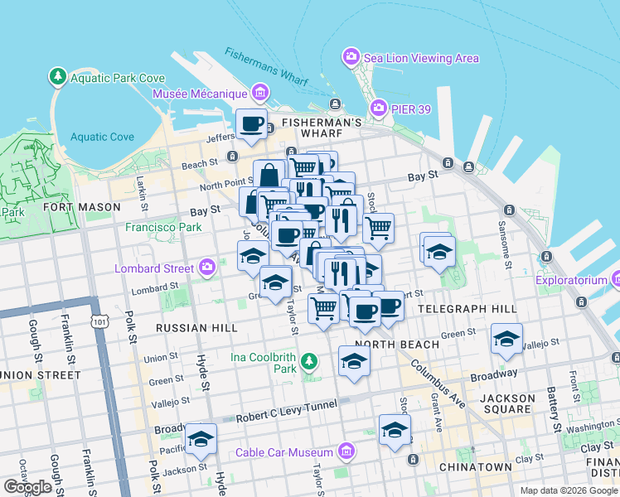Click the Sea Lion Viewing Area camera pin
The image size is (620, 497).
[x=351, y=58]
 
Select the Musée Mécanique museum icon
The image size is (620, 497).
[x=260, y=93]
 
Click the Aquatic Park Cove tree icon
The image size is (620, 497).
[x=58, y=78]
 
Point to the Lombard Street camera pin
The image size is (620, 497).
[x=207, y=268]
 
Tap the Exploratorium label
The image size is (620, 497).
[x=571, y=281]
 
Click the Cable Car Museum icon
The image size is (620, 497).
[x=346, y=452]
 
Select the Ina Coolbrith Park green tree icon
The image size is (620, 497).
[x=308, y=361]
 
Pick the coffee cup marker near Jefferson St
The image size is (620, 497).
[x=252, y=124]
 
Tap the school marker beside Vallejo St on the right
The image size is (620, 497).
[x=506, y=339]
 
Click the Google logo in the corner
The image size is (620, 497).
[x=27, y=486]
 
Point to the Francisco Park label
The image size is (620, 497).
[x=163, y=227]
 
